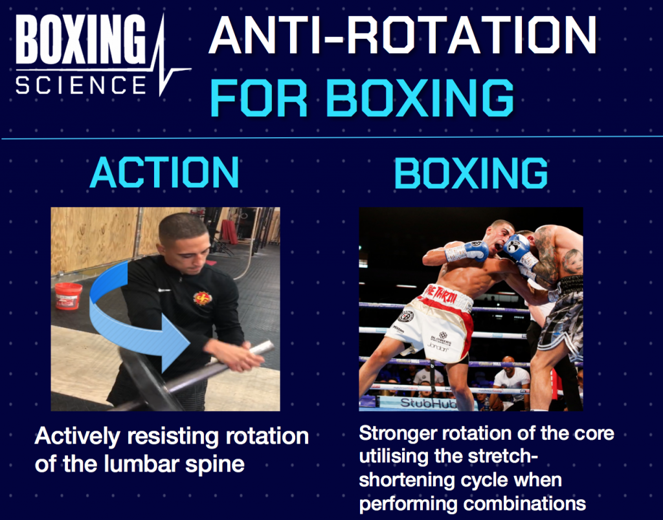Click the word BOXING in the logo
point(81,40)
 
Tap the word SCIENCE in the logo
point(80,85)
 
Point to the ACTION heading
point(164,173)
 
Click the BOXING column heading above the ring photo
point(471,173)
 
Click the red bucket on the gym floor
point(68,296)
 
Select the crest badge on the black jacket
point(203,298)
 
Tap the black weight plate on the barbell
point(146,382)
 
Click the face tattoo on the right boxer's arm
point(572,261)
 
